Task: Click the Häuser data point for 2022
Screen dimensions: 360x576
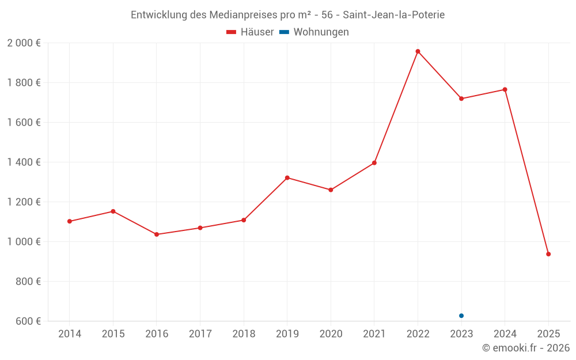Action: coord(418,51)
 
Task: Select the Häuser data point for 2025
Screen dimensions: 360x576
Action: coord(548,254)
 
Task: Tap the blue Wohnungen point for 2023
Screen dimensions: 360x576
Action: coord(461,316)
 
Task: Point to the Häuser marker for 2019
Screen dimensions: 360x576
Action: coord(287,177)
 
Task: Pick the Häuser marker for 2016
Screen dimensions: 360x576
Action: coord(157,234)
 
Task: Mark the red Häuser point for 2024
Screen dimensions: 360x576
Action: coord(505,89)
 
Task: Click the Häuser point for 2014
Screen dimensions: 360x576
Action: coord(69,221)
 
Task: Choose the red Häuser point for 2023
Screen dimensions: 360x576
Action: coord(461,98)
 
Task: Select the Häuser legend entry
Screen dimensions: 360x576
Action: coord(250,32)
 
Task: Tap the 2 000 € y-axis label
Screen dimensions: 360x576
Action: coord(24,43)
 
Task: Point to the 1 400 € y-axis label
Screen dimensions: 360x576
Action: coord(24,162)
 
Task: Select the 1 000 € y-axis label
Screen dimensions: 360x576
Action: coord(24,242)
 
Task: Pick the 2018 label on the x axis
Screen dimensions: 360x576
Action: coord(244,334)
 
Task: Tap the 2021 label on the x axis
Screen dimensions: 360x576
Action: coord(374,334)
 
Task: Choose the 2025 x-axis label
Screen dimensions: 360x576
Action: coord(548,334)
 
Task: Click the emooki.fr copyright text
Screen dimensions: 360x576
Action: coord(526,348)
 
